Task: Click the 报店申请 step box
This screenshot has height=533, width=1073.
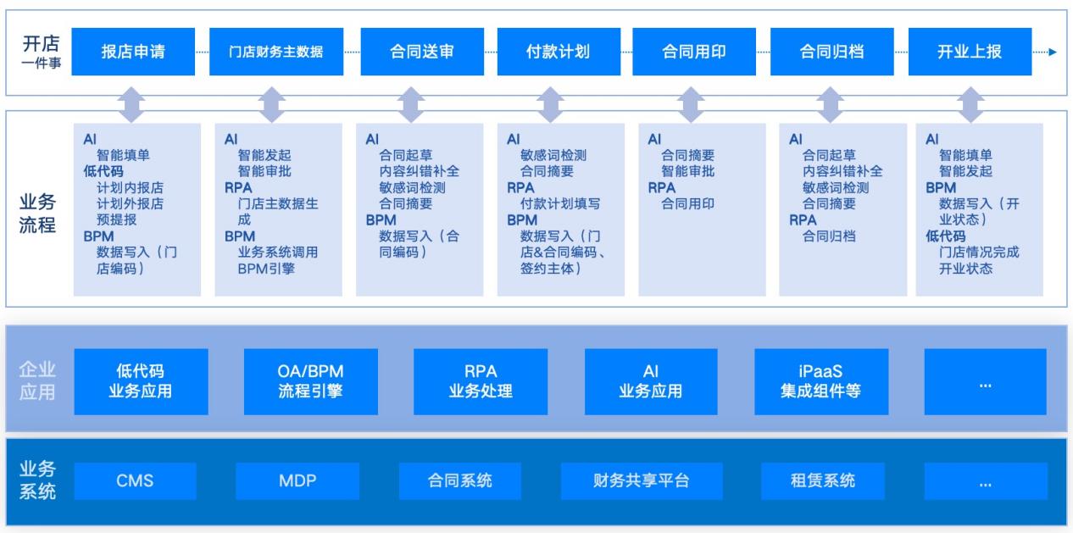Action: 134,52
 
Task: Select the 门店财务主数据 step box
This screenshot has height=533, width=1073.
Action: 275,52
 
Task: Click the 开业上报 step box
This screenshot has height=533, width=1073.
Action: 969,52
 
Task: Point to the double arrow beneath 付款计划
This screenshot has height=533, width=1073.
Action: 553,103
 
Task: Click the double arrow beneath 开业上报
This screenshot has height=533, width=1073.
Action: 969,103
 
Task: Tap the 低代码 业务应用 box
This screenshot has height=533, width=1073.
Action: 141,381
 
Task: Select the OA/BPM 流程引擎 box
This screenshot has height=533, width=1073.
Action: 310,381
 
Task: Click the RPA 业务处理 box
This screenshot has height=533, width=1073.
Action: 480,381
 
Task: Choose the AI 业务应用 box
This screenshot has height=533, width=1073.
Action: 650,381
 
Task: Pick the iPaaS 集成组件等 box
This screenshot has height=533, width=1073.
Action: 821,381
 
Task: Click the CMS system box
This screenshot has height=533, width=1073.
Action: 135,481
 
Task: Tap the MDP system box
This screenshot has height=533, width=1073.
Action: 297,481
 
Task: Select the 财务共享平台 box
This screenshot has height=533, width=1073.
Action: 641,481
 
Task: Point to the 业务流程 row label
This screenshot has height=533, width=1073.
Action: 38,215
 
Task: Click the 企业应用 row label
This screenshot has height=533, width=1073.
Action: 38,381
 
